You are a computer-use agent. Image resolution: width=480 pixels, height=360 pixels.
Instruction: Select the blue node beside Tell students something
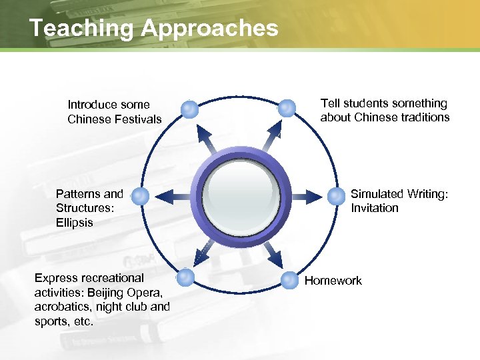[287, 108]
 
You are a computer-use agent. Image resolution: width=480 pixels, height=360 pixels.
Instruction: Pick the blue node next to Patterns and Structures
[140, 196]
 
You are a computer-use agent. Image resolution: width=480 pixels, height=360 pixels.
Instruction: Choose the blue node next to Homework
[289, 279]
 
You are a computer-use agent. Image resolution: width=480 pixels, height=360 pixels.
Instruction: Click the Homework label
[333, 281]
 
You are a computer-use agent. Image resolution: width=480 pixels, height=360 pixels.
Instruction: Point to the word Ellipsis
[75, 223]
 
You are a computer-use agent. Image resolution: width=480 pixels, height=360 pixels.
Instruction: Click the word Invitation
[375, 208]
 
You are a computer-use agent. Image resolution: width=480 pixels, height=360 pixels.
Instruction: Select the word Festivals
[139, 119]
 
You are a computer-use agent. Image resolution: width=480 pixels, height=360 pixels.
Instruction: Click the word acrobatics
[62, 307]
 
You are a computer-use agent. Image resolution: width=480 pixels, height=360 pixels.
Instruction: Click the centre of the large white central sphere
[240, 195]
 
